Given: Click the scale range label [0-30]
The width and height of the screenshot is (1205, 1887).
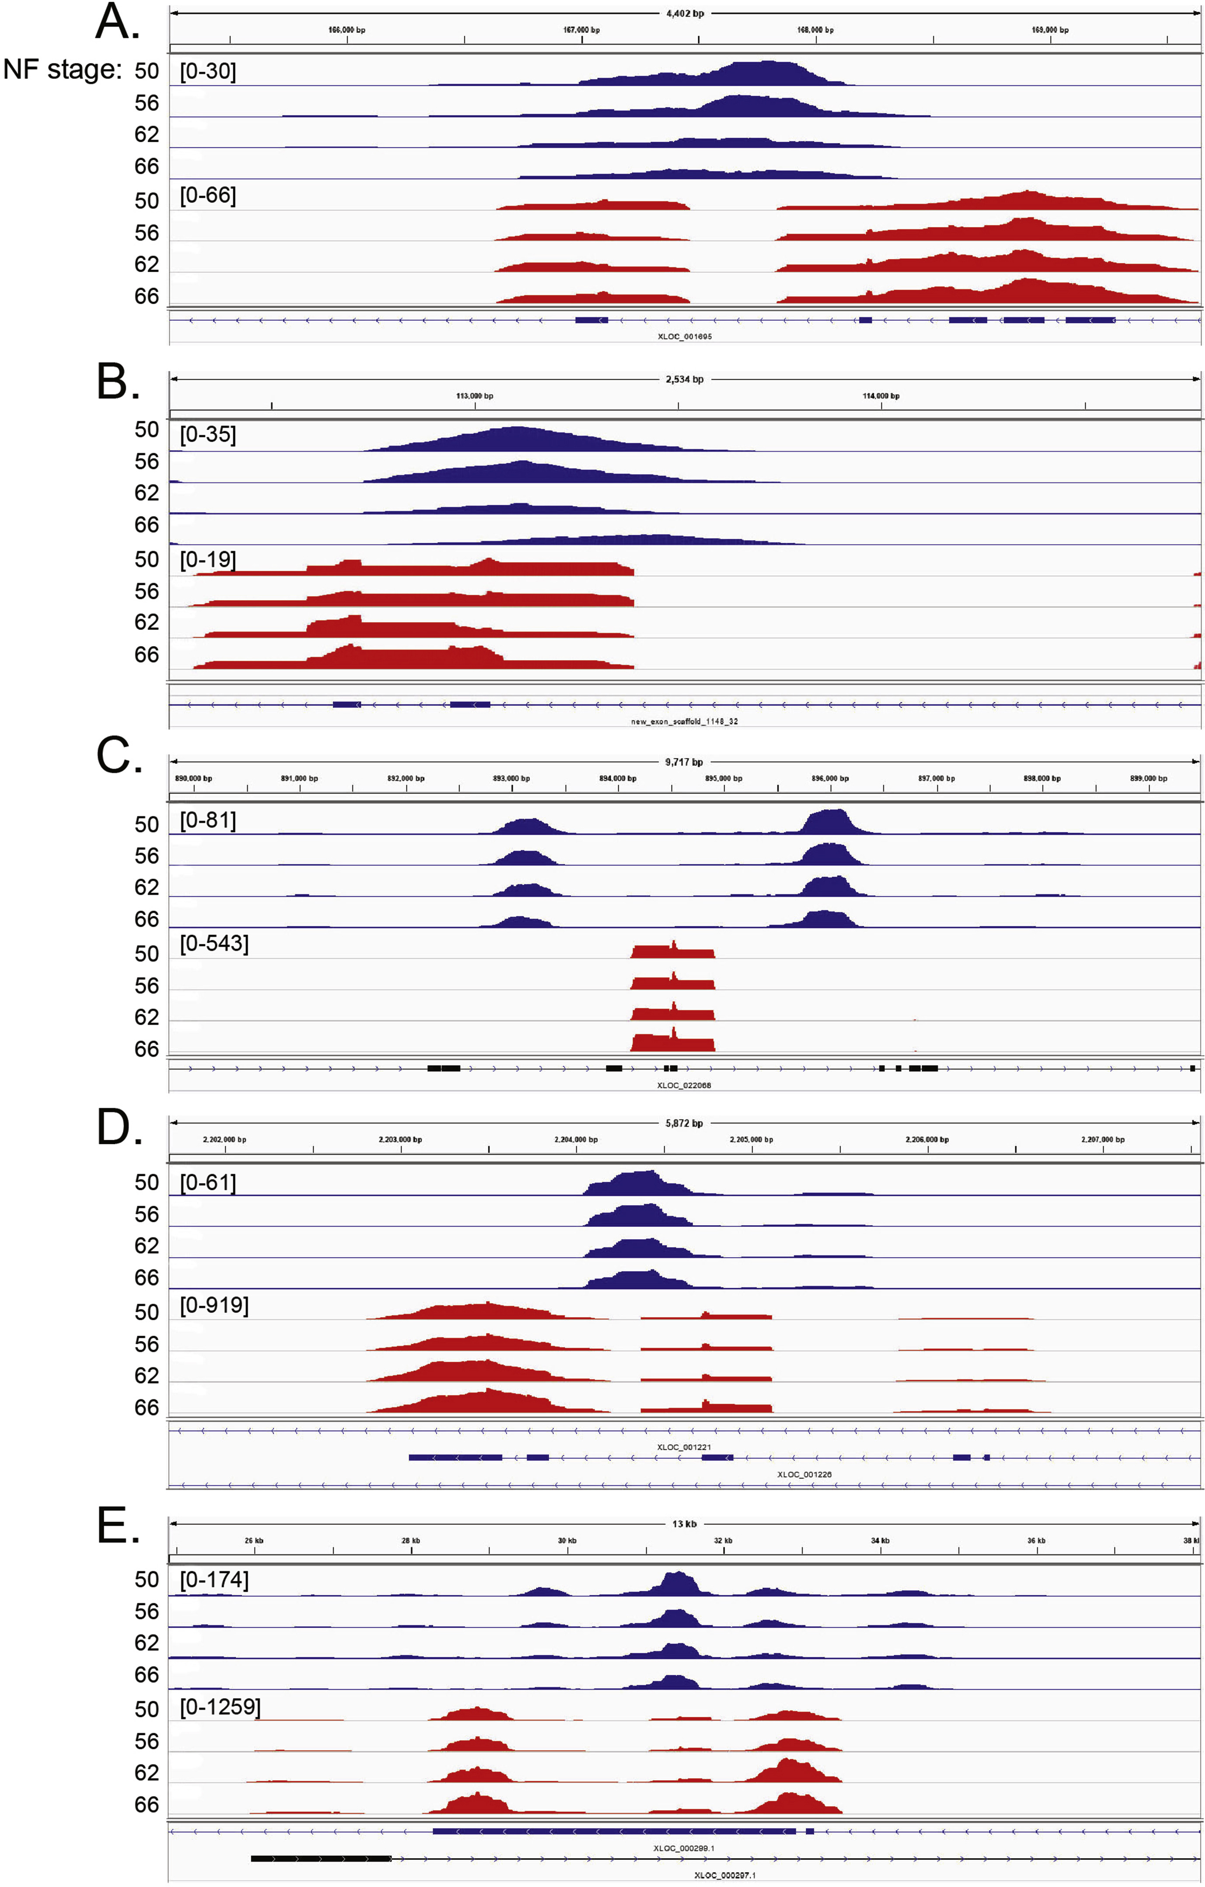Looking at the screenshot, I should (208, 71).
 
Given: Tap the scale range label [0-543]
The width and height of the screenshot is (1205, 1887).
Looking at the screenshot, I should (214, 943).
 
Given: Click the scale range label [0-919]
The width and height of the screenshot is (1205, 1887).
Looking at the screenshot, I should (214, 1306).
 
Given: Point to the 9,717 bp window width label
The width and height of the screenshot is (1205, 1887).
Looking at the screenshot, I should (684, 762).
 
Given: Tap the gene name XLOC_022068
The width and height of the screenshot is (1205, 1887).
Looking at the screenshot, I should (684, 1085).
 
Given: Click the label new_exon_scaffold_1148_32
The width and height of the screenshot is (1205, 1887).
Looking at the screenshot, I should (684, 721).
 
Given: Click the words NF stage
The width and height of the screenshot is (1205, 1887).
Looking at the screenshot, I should (62, 70).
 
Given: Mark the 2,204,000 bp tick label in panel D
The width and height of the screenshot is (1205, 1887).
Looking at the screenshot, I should (576, 1139).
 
